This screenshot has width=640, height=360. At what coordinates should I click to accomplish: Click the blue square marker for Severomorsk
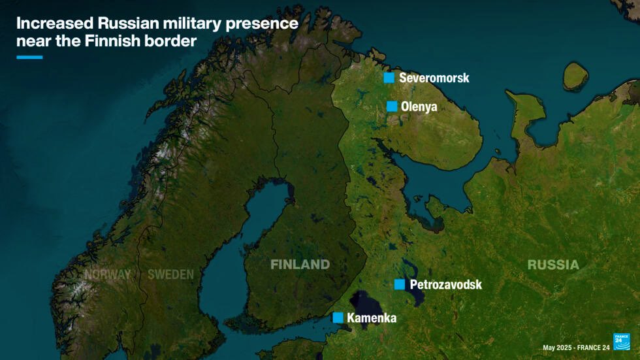(389, 78)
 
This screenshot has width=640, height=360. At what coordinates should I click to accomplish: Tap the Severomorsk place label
(434, 78)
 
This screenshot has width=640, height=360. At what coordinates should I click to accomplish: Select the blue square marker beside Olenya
(392, 106)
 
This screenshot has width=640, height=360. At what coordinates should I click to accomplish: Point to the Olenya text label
(419, 106)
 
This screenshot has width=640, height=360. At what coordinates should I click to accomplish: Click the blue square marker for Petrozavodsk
(400, 284)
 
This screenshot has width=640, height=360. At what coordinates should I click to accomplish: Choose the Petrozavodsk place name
(445, 284)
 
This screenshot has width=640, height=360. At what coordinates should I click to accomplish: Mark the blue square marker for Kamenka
(338, 318)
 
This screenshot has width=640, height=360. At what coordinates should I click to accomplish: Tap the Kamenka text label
(371, 318)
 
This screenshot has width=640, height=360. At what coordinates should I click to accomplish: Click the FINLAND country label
(300, 265)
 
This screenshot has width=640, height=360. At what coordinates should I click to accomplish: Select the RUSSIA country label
(553, 265)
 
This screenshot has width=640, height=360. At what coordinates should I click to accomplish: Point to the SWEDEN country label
(170, 274)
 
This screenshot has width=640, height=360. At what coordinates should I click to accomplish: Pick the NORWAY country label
(107, 274)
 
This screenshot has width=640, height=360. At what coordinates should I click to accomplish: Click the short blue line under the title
(29, 57)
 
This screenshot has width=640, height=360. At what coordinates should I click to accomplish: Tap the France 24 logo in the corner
(621, 341)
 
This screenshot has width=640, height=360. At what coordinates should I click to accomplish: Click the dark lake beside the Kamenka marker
(369, 303)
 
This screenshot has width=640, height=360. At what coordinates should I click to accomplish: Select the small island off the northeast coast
(574, 76)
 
